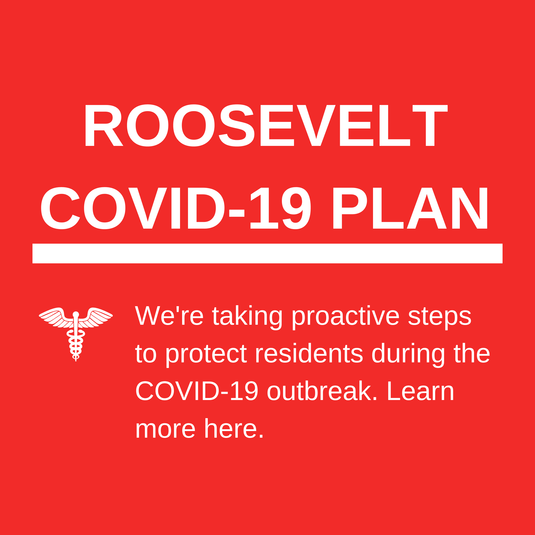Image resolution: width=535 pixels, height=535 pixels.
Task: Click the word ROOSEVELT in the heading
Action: (267, 125)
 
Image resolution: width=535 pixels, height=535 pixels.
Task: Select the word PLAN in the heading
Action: (410, 208)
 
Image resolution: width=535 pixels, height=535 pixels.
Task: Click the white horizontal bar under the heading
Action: (267, 253)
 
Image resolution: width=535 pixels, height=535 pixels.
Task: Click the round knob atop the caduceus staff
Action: (76, 314)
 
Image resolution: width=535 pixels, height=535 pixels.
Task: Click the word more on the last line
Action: (165, 429)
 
